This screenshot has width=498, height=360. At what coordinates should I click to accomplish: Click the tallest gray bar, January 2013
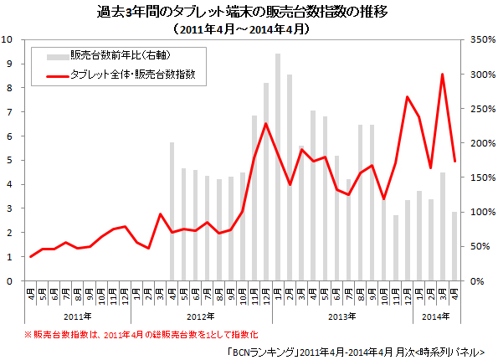[x=278, y=167]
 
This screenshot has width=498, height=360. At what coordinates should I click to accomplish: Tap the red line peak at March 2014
[x=442, y=75]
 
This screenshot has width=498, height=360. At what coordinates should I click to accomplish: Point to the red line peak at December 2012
[x=266, y=124]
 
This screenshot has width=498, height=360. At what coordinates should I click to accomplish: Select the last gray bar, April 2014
[x=454, y=246]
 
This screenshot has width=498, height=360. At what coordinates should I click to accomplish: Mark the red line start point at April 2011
[x=30, y=256]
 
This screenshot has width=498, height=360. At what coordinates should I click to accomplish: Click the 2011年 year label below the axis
[x=77, y=316]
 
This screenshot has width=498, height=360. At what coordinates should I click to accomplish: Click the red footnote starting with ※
[x=138, y=333]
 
